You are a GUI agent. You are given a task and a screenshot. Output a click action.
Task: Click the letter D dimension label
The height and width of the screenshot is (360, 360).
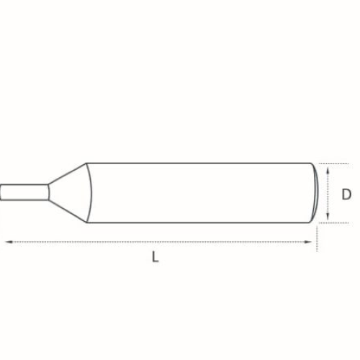click(x=346, y=194)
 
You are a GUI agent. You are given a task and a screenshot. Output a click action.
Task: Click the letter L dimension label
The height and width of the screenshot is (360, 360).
click(x=156, y=256)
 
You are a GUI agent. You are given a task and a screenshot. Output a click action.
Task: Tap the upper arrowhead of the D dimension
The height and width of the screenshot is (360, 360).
click(x=328, y=171)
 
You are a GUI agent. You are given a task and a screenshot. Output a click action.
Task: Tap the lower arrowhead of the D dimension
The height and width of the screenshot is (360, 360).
click(x=328, y=216)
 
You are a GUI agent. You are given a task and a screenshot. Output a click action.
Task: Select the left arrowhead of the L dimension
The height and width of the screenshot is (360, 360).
click(x=9, y=242)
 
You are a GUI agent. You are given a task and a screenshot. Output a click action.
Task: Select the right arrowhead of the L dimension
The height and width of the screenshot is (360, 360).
click(x=308, y=242)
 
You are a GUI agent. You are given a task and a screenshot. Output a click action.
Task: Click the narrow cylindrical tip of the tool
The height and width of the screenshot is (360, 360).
click(x=24, y=192)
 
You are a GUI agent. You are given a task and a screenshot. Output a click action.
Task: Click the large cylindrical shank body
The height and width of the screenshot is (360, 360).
click(x=202, y=193)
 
